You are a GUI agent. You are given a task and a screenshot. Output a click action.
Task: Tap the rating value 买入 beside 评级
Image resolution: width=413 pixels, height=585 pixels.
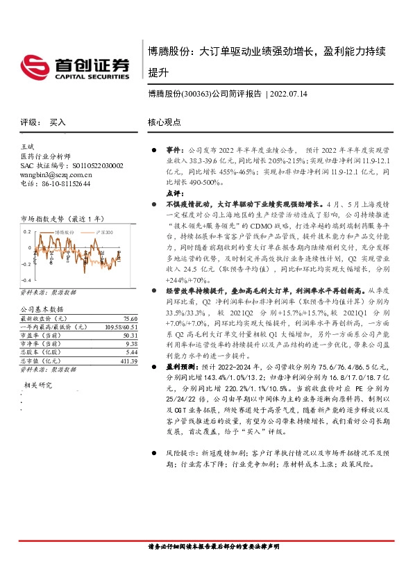tap(58, 122)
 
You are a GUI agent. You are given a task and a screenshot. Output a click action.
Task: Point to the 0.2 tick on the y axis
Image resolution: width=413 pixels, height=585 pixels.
tap(28, 231)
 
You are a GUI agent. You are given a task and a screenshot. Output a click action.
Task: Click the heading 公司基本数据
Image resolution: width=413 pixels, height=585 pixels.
tap(42, 308)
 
